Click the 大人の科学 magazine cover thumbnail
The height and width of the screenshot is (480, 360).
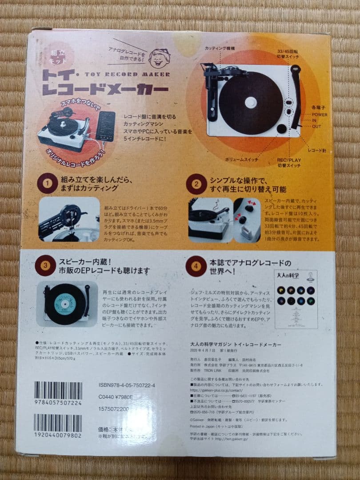tap(296, 298)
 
